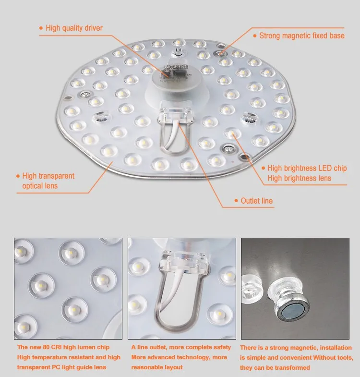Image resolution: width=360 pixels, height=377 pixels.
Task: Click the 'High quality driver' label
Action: click(x=74, y=28)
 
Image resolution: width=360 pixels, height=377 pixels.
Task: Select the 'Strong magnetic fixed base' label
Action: click(x=301, y=36)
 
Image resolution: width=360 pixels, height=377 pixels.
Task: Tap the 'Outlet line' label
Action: click(x=256, y=201)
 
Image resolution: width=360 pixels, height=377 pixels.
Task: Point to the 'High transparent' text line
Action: click(x=48, y=176)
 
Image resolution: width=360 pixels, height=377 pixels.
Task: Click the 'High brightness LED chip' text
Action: click(x=307, y=168)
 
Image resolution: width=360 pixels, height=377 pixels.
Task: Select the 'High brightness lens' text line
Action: click(x=299, y=178)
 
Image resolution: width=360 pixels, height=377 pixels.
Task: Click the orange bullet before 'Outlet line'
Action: click(x=236, y=201)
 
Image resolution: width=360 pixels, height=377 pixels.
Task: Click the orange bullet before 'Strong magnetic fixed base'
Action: click(x=255, y=36)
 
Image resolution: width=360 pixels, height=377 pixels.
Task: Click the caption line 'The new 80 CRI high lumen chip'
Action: click(x=63, y=347)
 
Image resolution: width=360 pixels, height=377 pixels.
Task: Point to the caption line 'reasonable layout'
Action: click(x=157, y=367)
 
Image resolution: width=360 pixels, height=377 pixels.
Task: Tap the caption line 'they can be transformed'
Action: click(x=275, y=368)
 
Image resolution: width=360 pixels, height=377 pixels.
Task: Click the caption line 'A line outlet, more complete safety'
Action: click(x=181, y=347)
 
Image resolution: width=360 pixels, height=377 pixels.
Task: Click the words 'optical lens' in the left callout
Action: click(x=40, y=186)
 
